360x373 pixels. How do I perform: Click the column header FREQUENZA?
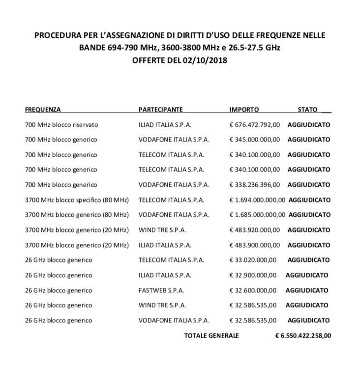pyautogui.click(x=43, y=110)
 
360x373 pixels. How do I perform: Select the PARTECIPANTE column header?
pyautogui.click(x=160, y=110)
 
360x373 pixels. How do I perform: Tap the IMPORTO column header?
pyautogui.click(x=244, y=110)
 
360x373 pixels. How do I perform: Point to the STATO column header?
pyautogui.click(x=307, y=110)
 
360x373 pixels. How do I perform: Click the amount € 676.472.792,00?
pyautogui.click(x=255, y=125)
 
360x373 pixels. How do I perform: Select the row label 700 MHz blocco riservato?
pyautogui.click(x=61, y=125)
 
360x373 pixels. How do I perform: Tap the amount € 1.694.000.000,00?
pyautogui.click(x=257, y=200)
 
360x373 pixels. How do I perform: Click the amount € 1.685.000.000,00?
pyautogui.click(x=257, y=215)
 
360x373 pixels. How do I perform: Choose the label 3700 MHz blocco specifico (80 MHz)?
pyautogui.click(x=77, y=200)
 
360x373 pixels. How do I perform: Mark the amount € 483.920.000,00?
pyautogui.click(x=255, y=230)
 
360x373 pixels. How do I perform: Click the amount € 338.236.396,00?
pyautogui.click(x=255, y=185)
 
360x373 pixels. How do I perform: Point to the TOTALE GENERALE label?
pyautogui.click(x=211, y=336)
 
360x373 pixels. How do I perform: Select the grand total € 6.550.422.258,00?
pyautogui.click(x=303, y=336)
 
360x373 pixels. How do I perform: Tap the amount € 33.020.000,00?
pyautogui.click(x=253, y=260)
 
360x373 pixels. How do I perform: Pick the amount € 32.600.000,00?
pyautogui.click(x=253, y=290)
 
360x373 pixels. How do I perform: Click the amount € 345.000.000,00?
pyautogui.click(x=255, y=140)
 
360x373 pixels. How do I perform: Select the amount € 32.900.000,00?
pyautogui.click(x=253, y=275)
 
